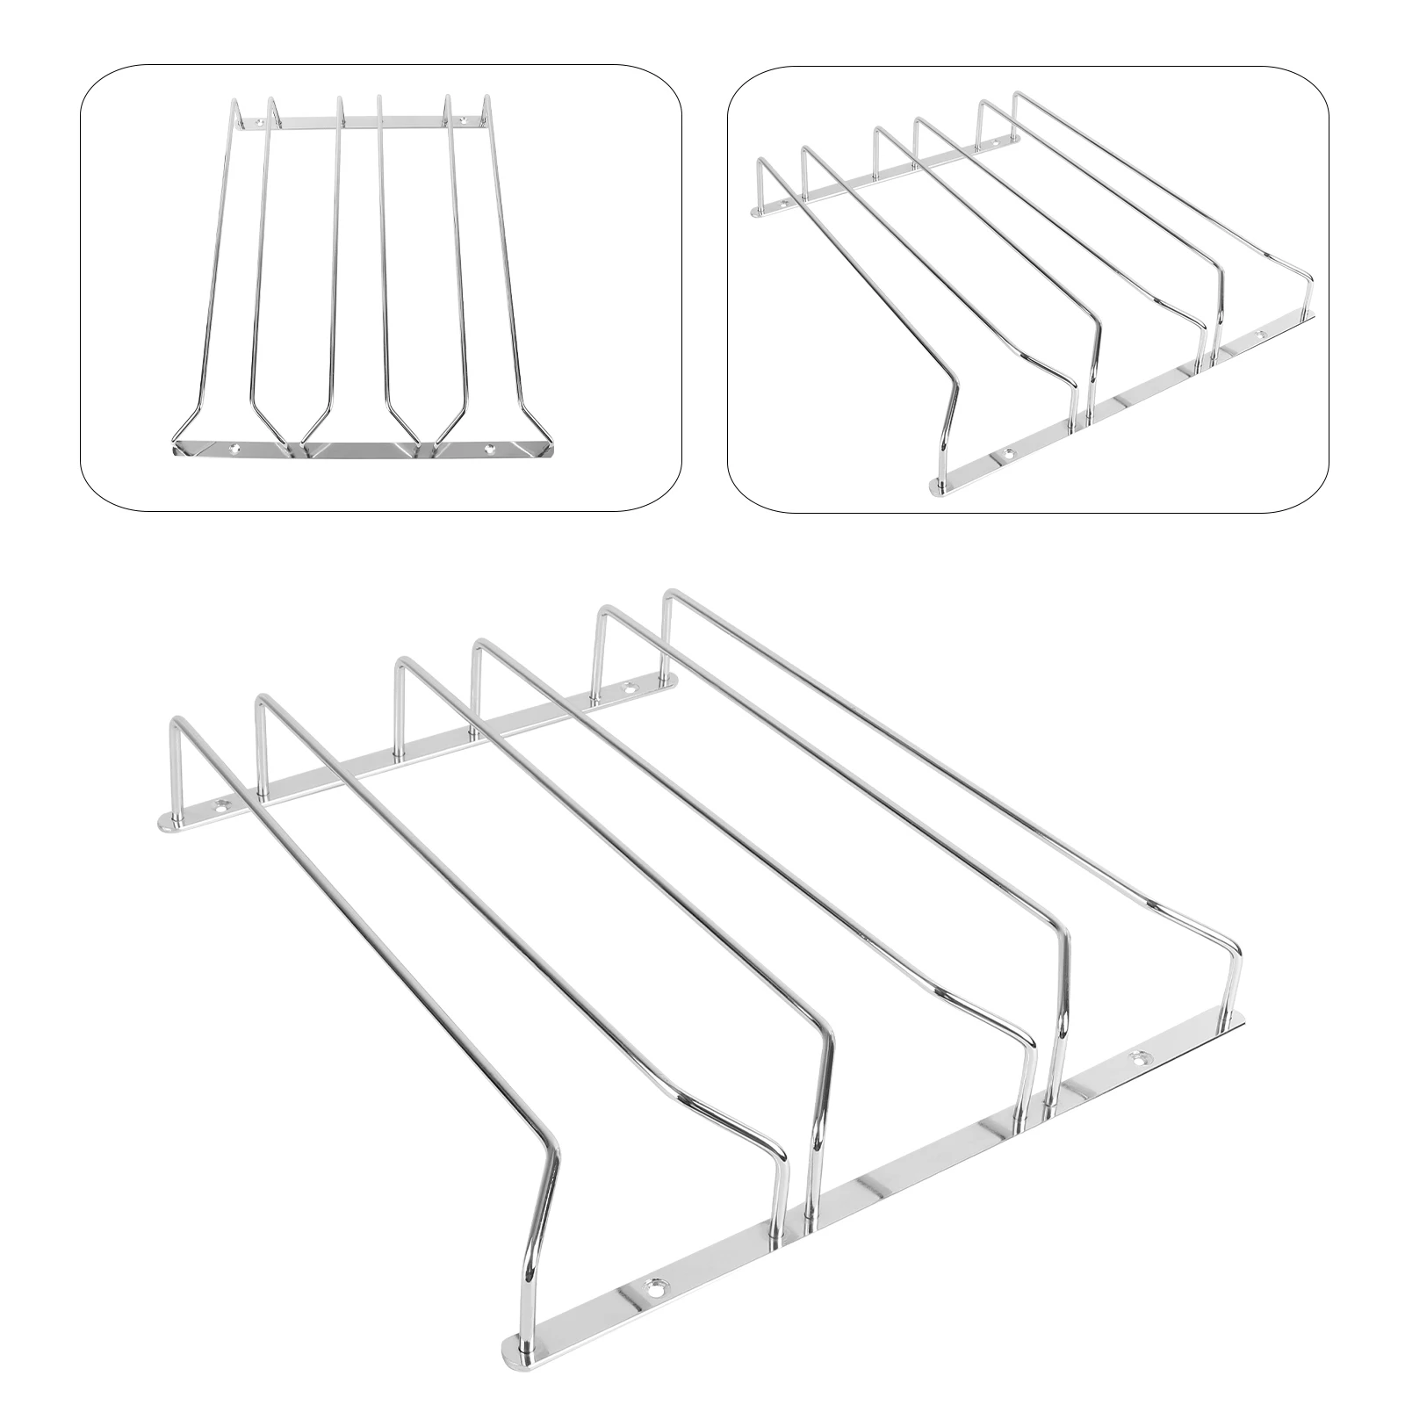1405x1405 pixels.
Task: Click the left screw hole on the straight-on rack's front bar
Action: click(234, 447)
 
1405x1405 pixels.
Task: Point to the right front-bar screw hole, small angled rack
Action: click(1262, 335)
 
